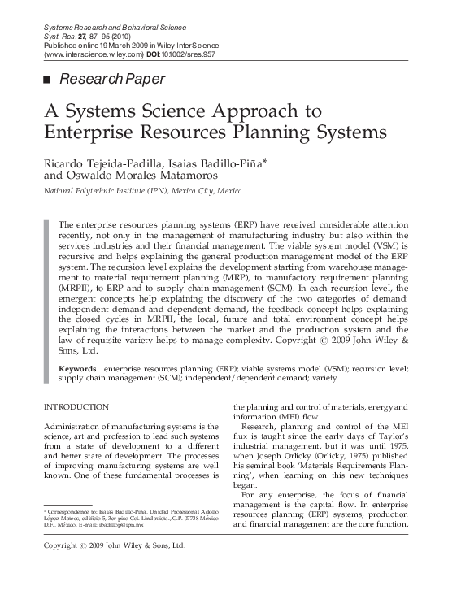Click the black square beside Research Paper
(46, 80)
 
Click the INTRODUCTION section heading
(76, 406)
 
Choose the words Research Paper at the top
(112, 80)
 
